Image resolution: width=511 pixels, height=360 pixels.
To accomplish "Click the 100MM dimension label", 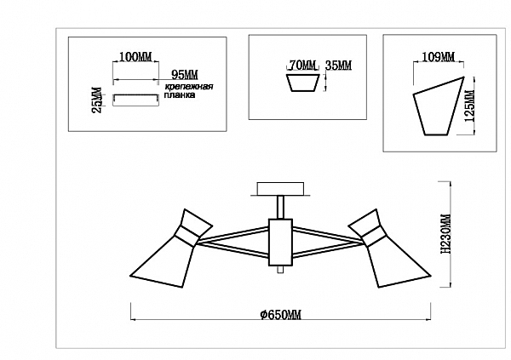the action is [x=135, y=57].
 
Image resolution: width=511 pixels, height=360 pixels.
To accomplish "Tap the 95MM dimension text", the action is [x=185, y=75].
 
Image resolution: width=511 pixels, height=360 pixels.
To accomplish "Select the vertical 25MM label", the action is [x=97, y=100].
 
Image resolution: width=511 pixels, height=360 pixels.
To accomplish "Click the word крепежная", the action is [x=189, y=87].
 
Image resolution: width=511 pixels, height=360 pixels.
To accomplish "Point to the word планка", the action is [x=181, y=95].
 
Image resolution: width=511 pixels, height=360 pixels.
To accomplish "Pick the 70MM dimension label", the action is [x=302, y=66].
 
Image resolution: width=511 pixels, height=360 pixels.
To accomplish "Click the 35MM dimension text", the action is [x=339, y=66].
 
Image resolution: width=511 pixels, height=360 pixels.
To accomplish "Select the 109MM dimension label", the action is [x=439, y=57].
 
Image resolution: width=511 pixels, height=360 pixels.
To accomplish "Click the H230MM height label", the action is [x=445, y=234].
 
